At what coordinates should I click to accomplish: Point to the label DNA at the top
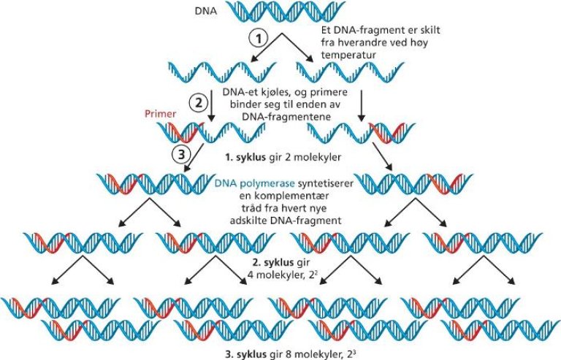pos(207,10)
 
